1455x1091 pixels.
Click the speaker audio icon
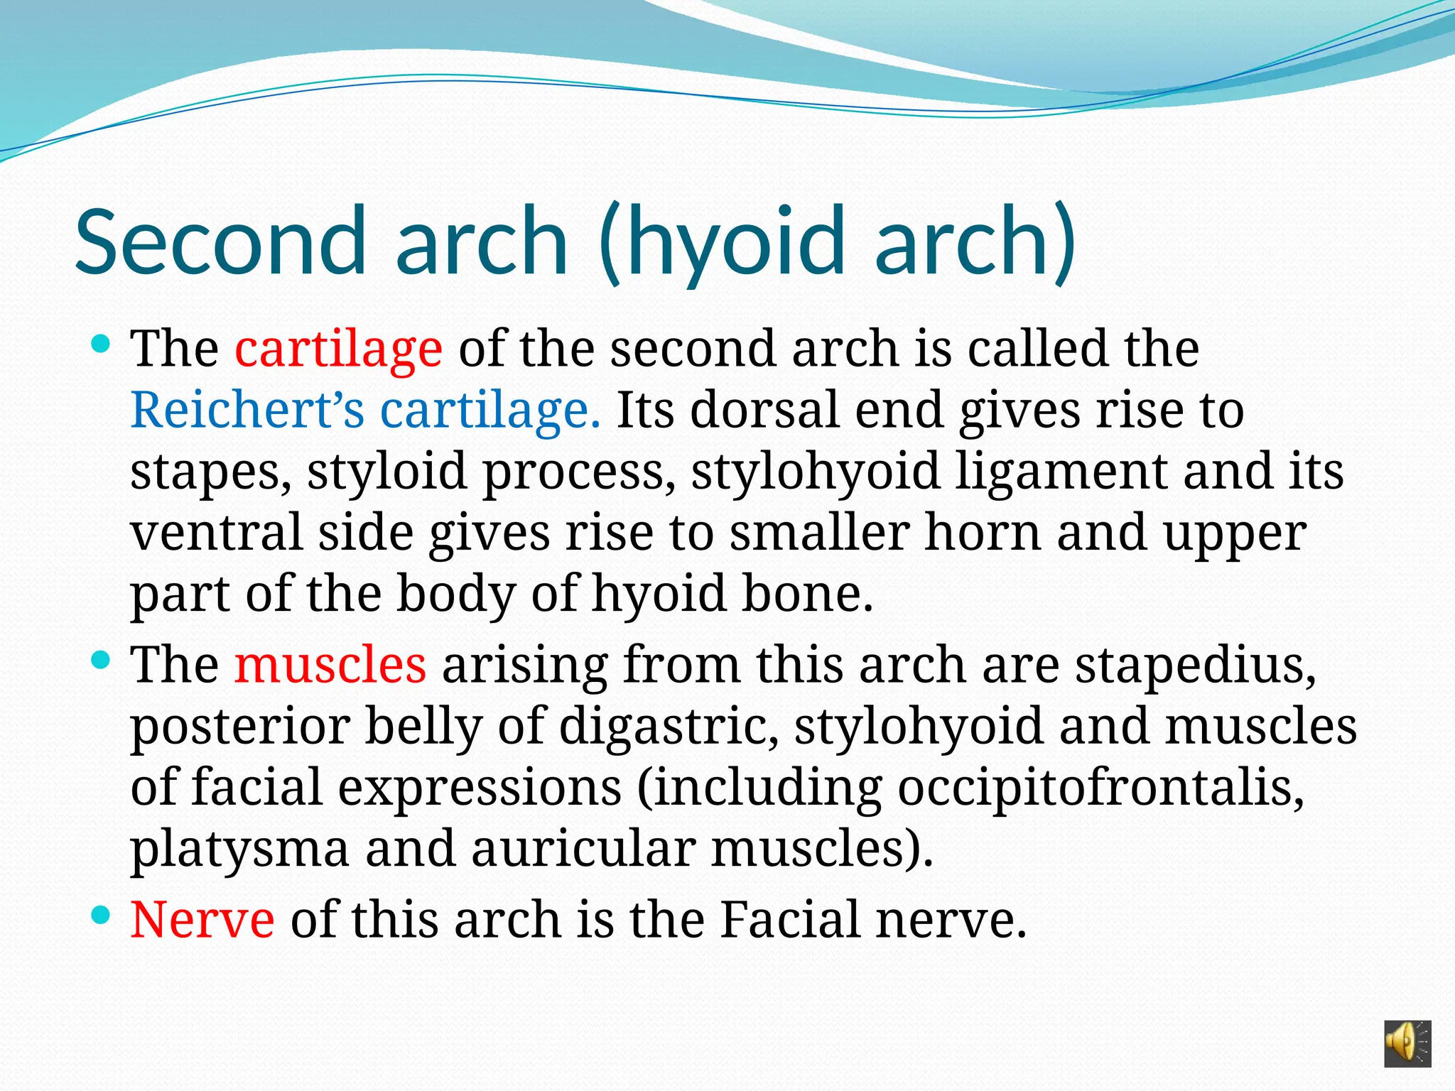pos(1407,1043)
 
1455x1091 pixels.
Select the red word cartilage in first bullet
pos(339,349)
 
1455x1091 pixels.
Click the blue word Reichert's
pos(247,411)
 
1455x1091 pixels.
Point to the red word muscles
pos(330,666)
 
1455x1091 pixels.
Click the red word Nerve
pos(202,920)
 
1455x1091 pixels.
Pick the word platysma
pos(240,850)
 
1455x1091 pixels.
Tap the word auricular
pos(583,850)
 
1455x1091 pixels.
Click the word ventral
pos(216,533)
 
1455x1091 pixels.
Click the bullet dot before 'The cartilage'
pos(102,346)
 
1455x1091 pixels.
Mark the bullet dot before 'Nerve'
pos(102,916)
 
